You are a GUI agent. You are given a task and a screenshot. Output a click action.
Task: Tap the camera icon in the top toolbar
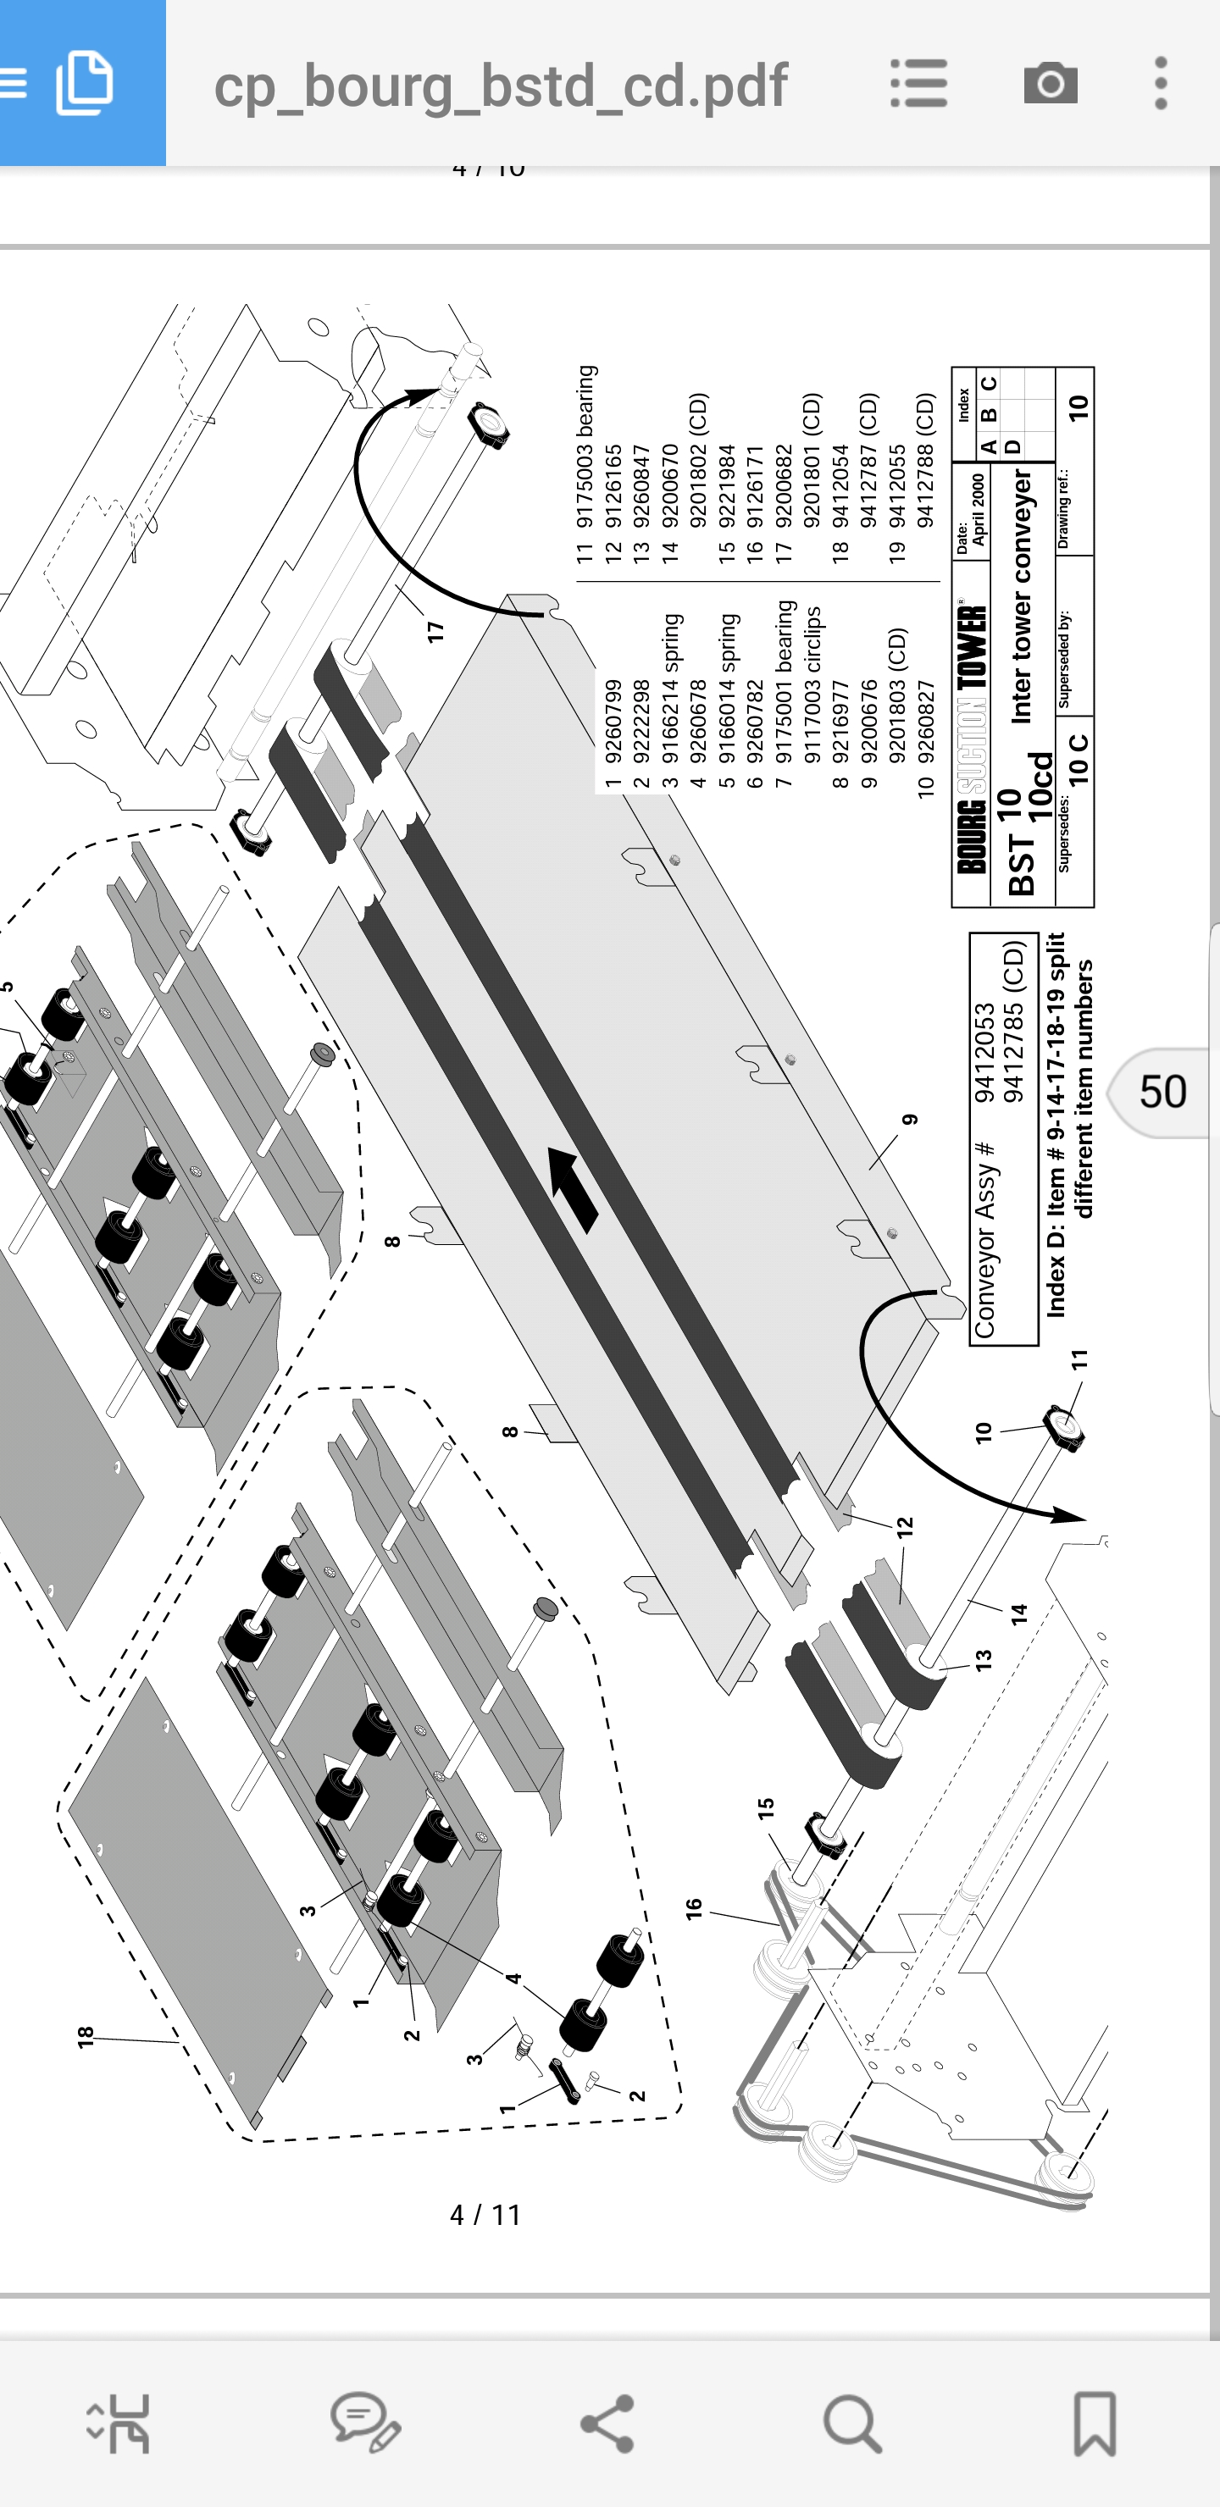point(1050,84)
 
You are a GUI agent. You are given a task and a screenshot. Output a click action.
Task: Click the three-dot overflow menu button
point(1160,84)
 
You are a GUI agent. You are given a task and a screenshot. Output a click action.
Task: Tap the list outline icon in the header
point(918,84)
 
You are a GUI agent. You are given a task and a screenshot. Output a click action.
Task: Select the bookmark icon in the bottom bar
point(1095,2424)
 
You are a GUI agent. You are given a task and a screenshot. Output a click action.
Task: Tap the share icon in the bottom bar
point(607,2423)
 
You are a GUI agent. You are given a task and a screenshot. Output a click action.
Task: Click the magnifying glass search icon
point(853,2424)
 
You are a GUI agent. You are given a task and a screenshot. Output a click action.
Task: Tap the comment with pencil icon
point(365,2422)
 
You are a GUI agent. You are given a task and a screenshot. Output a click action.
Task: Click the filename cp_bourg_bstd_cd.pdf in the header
point(501,86)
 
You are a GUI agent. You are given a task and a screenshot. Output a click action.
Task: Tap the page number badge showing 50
point(1162,1092)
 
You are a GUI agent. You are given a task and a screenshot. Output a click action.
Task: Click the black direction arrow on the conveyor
point(574,1190)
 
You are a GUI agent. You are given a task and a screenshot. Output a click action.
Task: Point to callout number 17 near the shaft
point(435,631)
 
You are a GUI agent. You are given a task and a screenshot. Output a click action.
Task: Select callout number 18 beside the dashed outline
point(86,2034)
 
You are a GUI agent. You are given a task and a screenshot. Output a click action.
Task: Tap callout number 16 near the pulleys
point(693,1908)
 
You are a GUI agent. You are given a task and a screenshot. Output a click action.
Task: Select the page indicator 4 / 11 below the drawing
point(485,2215)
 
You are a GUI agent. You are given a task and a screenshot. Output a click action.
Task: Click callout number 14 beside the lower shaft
point(1018,1614)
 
